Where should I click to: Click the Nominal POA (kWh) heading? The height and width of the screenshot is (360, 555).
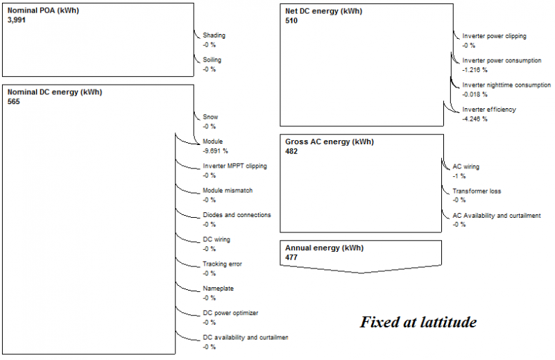click(x=41, y=12)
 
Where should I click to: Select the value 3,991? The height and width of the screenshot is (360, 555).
click(x=17, y=21)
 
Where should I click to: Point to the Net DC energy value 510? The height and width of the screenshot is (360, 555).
click(x=292, y=21)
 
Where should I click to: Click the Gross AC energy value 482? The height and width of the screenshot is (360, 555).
click(x=292, y=151)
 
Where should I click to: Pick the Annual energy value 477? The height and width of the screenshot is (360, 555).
click(x=292, y=257)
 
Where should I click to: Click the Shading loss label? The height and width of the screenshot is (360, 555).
click(x=214, y=35)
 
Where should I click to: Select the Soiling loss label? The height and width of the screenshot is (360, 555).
click(x=212, y=60)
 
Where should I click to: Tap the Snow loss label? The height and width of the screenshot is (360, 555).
click(x=210, y=117)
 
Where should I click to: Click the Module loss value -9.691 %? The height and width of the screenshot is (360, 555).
click(x=216, y=151)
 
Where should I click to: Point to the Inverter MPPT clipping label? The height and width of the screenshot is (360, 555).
click(x=234, y=166)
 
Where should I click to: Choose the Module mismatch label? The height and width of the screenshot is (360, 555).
click(x=228, y=191)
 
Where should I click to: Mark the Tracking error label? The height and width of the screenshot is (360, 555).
click(x=222, y=264)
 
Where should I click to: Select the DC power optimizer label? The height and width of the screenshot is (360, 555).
click(x=230, y=313)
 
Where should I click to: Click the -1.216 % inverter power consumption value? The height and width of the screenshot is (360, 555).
click(x=475, y=70)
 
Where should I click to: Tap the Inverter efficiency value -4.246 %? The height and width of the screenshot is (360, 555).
click(x=475, y=119)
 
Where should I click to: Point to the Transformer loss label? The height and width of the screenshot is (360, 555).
click(x=477, y=191)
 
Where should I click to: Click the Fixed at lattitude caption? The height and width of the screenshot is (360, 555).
click(x=418, y=323)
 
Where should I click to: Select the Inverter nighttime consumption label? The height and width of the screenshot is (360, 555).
click(x=506, y=85)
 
